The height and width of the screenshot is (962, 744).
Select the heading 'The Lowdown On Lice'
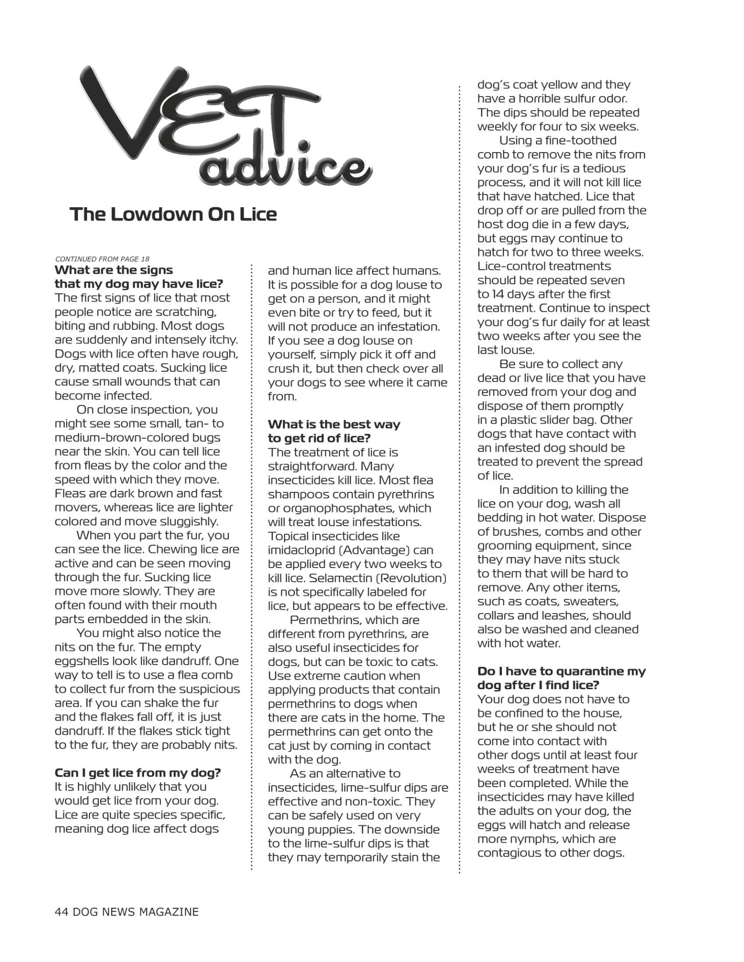click(x=173, y=215)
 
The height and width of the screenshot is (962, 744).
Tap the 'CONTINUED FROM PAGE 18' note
click(x=102, y=259)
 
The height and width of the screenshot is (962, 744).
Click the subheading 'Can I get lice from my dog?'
click(x=137, y=773)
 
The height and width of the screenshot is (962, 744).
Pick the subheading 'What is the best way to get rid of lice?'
click(x=334, y=431)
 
